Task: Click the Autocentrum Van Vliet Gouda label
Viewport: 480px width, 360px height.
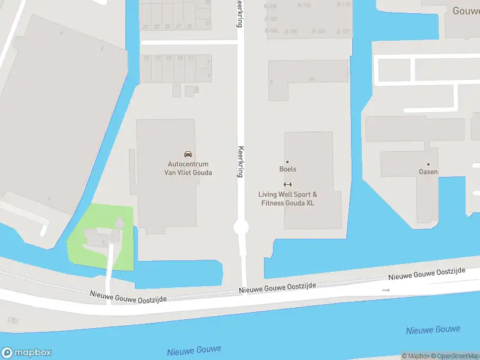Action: (x=188, y=168)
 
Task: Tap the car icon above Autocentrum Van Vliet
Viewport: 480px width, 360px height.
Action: (x=188, y=154)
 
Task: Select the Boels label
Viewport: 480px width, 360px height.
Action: (x=287, y=169)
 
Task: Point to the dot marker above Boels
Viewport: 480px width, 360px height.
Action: (x=287, y=162)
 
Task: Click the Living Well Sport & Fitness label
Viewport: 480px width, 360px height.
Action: (x=287, y=199)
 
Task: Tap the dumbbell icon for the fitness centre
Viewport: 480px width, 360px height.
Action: (x=287, y=184)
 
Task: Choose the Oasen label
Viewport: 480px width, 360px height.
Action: (x=428, y=172)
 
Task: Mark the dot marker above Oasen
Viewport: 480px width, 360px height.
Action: (x=428, y=164)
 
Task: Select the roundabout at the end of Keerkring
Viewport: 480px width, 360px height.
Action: (x=241, y=227)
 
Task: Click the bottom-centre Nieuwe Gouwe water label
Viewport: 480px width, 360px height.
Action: (x=194, y=351)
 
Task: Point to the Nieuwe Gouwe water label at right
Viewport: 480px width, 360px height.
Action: (x=433, y=330)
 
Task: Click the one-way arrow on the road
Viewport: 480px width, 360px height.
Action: (x=386, y=290)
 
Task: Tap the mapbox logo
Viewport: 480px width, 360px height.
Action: (x=26, y=353)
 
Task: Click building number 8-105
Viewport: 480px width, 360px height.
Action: (x=292, y=31)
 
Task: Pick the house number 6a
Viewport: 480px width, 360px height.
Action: (x=311, y=80)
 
